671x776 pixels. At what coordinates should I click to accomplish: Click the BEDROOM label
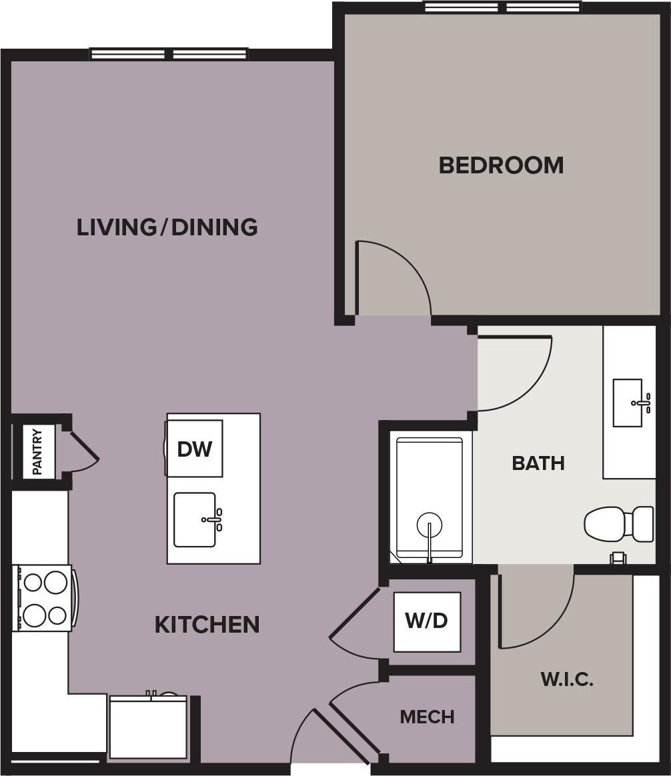coord(501,165)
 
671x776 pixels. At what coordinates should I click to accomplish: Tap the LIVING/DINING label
coord(167,227)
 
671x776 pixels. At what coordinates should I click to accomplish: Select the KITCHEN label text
coord(207,625)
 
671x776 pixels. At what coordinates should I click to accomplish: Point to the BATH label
coord(538,463)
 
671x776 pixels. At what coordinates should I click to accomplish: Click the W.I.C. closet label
coord(566,679)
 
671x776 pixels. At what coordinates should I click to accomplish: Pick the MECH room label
coord(427,717)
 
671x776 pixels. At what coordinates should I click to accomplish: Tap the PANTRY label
coord(38,452)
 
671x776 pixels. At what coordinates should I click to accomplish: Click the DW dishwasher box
coord(195,449)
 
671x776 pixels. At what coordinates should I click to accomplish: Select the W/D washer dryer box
coord(427,621)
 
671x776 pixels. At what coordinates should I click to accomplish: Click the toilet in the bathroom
coord(618,523)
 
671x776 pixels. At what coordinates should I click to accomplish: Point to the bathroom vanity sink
coord(629,403)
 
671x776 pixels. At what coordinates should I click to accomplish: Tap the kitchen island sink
coord(195,519)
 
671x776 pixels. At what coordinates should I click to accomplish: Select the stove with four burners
coord(44,597)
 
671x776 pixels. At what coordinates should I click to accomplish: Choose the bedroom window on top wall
coord(502,7)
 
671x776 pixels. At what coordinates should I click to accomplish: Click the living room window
coord(169,54)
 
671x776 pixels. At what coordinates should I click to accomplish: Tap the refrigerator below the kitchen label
coord(148,727)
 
